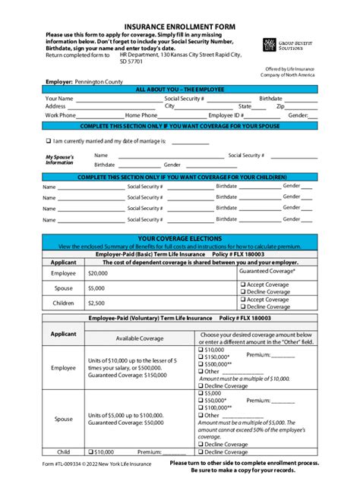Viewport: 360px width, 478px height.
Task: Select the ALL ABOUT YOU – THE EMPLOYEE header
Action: [x=179, y=89]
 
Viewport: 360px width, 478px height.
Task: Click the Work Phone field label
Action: [x=60, y=115]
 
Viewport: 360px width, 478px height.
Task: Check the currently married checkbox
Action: [x=48, y=140]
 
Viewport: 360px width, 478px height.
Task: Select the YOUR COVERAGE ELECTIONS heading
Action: [x=179, y=238]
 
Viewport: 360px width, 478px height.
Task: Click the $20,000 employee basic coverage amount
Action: [x=98, y=272]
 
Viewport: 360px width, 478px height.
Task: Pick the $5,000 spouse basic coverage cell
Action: [x=96, y=288]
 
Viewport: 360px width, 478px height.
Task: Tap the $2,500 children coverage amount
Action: [x=96, y=303]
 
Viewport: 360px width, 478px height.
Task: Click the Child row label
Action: [x=63, y=451]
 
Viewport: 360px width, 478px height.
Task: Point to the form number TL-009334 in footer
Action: [x=77, y=464]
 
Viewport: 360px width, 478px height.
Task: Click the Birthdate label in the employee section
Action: [x=270, y=99]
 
